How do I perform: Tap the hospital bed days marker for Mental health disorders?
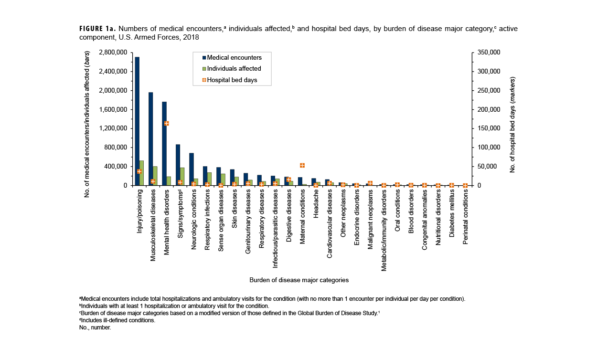(x=167, y=123)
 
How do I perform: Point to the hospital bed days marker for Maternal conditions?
(x=302, y=165)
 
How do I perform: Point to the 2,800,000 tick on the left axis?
(x=114, y=52)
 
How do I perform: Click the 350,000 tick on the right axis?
(x=487, y=52)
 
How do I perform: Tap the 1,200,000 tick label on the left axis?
(x=114, y=128)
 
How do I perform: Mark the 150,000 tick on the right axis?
(x=487, y=128)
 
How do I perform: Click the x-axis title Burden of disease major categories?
(x=298, y=280)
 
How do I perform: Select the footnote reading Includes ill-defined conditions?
(x=117, y=320)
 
